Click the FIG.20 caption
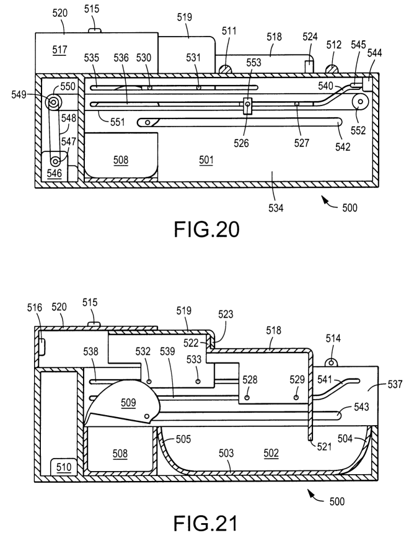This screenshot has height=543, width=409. [205, 231]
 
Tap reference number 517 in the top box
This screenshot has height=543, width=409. [59, 48]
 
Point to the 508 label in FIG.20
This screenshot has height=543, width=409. [121, 160]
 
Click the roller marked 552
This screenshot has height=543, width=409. [359, 103]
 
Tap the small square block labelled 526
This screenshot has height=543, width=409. [247, 107]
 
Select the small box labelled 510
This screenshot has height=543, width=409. [63, 465]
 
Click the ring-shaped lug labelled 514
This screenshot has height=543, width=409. [331, 361]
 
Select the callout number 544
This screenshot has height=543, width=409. [375, 53]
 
